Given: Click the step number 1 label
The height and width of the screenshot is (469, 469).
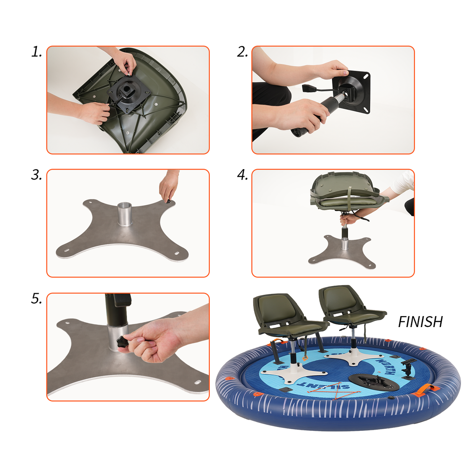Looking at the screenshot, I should (36, 52).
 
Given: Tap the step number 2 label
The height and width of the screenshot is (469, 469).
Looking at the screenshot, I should (242, 52).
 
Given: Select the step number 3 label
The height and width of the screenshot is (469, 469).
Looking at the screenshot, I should (36, 175).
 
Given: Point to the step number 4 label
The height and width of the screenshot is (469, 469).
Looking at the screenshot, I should (242, 175).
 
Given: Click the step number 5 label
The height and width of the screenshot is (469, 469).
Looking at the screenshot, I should (36, 299).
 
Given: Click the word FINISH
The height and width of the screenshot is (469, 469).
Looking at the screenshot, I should (420, 322).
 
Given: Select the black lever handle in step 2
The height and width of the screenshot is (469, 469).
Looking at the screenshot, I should (308, 88).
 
